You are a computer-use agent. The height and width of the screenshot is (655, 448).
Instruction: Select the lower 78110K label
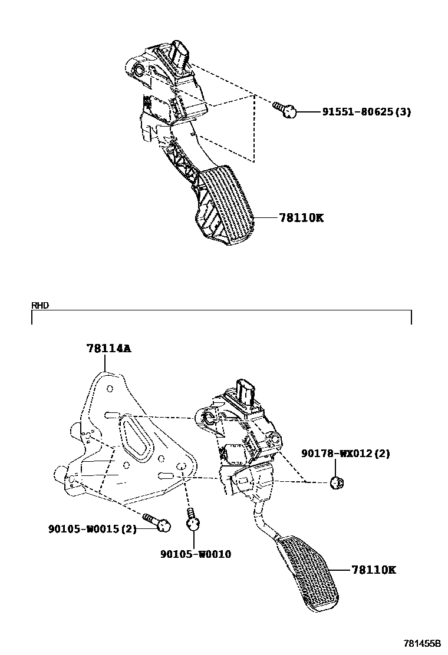pyautogui.click(x=373, y=570)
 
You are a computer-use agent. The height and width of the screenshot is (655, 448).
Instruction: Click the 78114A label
pyautogui.click(x=108, y=348)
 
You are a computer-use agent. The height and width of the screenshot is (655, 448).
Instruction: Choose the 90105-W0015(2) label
pyautogui.click(x=92, y=528)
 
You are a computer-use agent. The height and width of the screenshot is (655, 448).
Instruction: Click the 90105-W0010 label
pyautogui.click(x=195, y=554)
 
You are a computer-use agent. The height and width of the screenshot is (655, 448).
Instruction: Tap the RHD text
pyautogui.click(x=41, y=305)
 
